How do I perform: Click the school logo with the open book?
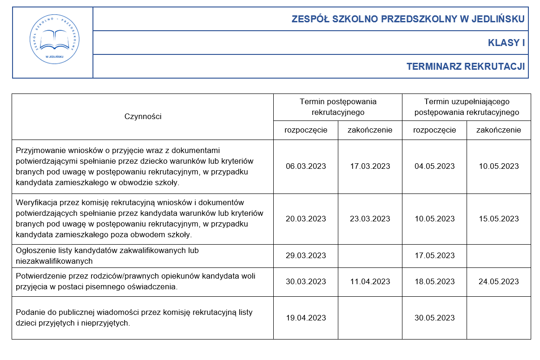(x=53, y=42)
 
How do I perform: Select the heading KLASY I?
(x=506, y=43)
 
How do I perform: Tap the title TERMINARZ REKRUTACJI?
(x=465, y=67)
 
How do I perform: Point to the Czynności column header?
(x=143, y=116)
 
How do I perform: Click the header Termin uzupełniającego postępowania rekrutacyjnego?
(x=467, y=107)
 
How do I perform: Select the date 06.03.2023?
(x=306, y=167)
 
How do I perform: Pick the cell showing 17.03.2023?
(x=370, y=167)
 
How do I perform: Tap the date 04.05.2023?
(x=435, y=167)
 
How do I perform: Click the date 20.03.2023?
(x=306, y=219)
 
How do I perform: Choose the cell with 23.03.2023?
(x=370, y=219)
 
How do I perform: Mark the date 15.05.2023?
(x=499, y=219)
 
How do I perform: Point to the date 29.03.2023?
(x=306, y=256)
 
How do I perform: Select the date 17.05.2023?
(x=435, y=256)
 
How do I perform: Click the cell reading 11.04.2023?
(x=370, y=282)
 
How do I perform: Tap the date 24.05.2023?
(x=499, y=282)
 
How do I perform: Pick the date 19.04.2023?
(x=306, y=318)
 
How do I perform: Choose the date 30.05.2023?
(x=435, y=318)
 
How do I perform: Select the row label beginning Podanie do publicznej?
(x=134, y=318)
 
